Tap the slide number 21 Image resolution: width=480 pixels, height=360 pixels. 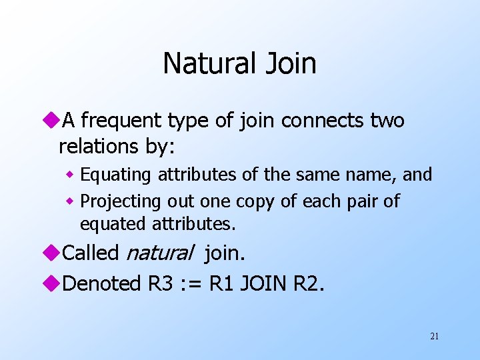pos(435,336)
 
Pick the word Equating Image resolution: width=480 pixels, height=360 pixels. pos(117,175)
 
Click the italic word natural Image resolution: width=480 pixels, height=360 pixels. pos(159,253)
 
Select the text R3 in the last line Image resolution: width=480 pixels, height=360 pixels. pos(159,283)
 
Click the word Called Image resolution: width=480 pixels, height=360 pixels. pos(91,253)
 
